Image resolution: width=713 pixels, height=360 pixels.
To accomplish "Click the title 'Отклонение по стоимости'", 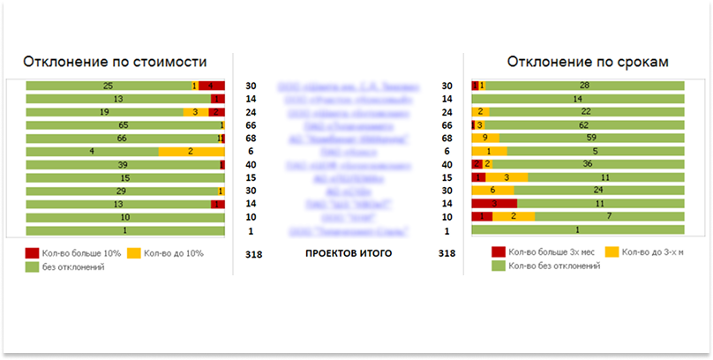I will [115, 63].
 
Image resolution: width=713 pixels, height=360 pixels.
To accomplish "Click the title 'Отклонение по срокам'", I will [587, 63].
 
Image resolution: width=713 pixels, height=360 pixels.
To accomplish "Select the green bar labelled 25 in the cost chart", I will [108, 86].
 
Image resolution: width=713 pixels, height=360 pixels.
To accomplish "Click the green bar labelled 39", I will [122, 165].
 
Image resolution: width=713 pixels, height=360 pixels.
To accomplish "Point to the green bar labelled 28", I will [584, 86].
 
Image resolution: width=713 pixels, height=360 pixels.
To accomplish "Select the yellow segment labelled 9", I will [485, 139].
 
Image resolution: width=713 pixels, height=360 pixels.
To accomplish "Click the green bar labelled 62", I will [584, 125].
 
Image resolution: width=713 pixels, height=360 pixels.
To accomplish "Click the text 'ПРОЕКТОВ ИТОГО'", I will [348, 253].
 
